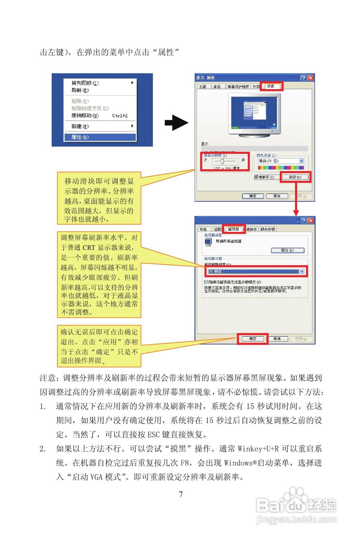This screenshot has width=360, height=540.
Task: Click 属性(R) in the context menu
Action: click(x=80, y=137)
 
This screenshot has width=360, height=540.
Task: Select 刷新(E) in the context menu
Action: click(x=80, y=90)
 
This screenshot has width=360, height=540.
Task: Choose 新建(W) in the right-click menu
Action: click(x=80, y=126)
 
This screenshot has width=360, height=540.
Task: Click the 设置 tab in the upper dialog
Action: click(x=271, y=86)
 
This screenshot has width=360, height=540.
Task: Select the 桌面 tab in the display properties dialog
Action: click(x=217, y=87)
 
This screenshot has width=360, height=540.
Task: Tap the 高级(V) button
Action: click(x=295, y=178)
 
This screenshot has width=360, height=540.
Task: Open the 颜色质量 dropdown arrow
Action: click(x=301, y=161)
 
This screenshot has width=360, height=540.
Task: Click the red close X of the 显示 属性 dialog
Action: click(x=311, y=78)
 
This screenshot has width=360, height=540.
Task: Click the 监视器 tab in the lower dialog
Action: click(x=233, y=229)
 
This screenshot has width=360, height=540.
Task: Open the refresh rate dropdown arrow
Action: click(x=302, y=272)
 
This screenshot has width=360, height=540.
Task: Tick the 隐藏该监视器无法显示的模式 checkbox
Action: click(x=205, y=282)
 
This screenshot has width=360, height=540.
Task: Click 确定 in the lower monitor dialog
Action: click(x=253, y=339)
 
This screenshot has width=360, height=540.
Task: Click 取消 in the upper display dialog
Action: click(x=277, y=196)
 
